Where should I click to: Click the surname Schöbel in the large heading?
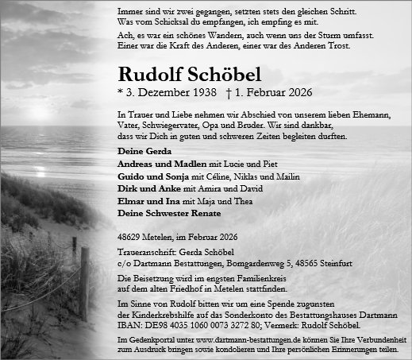coord(209,75)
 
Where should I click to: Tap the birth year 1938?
coord(201,93)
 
